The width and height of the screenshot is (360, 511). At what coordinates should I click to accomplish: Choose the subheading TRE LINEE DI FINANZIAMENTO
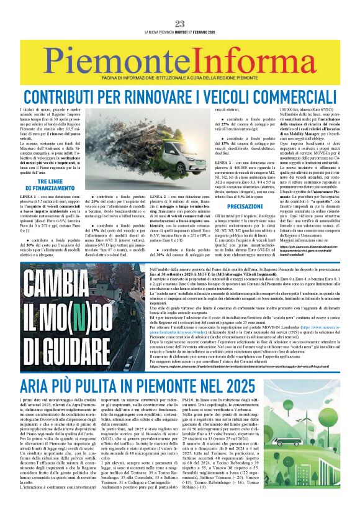tap(42, 184)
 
